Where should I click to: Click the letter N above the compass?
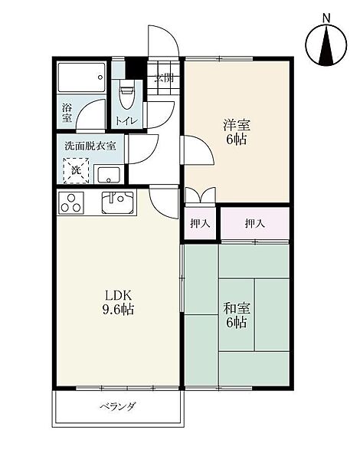326,18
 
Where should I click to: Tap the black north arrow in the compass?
326,44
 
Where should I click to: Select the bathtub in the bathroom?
81,77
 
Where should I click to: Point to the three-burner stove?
71,202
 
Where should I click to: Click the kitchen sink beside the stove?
117,202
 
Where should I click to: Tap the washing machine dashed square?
76,171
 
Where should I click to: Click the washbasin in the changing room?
109,175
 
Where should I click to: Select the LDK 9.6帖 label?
118,303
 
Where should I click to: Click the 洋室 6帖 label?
236,133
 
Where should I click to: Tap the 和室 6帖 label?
236,316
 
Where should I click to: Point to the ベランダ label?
118,406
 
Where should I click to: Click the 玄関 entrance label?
164,78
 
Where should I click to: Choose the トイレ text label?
126,121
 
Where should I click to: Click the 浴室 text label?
67,113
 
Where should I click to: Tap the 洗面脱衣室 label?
90,146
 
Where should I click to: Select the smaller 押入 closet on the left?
200,224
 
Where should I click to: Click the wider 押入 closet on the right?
255,224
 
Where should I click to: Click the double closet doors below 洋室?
201,195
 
